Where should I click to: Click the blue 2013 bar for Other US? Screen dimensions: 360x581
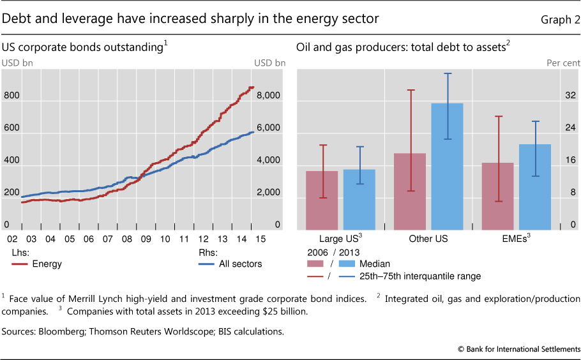pyautogui.click(x=447, y=166)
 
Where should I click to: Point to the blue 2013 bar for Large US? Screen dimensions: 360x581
pyautogui.click(x=359, y=199)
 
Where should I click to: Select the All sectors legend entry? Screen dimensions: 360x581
pyautogui.click(x=236, y=264)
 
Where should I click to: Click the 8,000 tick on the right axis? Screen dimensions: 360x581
pyautogui.click(x=268, y=96)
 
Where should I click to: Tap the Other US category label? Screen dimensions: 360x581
pyautogui.click(x=428, y=239)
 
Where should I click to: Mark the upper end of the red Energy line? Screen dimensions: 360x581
pyautogui.click(x=253, y=87)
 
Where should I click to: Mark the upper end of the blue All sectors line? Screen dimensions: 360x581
pyautogui.click(x=253, y=131)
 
